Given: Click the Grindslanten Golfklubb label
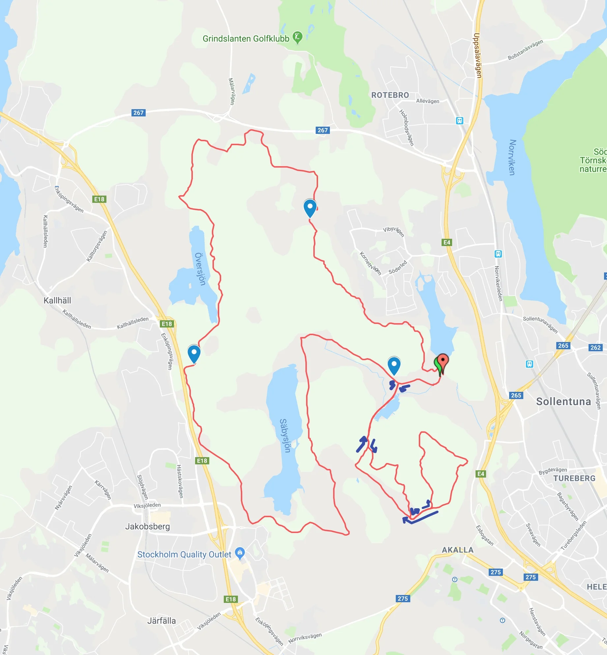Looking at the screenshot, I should click(x=246, y=39).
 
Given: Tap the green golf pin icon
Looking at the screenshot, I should click(x=298, y=37).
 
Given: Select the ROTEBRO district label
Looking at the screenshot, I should click(x=390, y=95).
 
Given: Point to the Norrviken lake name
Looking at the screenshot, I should click(x=512, y=157).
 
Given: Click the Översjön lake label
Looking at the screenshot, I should click(x=200, y=269).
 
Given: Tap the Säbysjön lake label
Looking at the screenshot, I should click(x=285, y=435).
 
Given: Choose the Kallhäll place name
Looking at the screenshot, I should click(x=57, y=300).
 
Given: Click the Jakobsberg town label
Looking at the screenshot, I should click(x=147, y=526).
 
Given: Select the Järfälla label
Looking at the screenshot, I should click(x=161, y=621).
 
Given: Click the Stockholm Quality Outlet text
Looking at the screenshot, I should click(x=184, y=554).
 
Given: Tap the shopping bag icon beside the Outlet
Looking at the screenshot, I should click(x=240, y=553).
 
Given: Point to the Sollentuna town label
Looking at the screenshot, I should click(x=564, y=401).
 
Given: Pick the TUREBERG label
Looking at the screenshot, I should click(x=574, y=478).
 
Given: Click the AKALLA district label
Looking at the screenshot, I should click(x=457, y=550).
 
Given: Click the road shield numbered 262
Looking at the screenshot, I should click(x=595, y=347).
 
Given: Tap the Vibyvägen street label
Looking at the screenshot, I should click(x=393, y=231).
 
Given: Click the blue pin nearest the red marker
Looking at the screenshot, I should click(x=394, y=365).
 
